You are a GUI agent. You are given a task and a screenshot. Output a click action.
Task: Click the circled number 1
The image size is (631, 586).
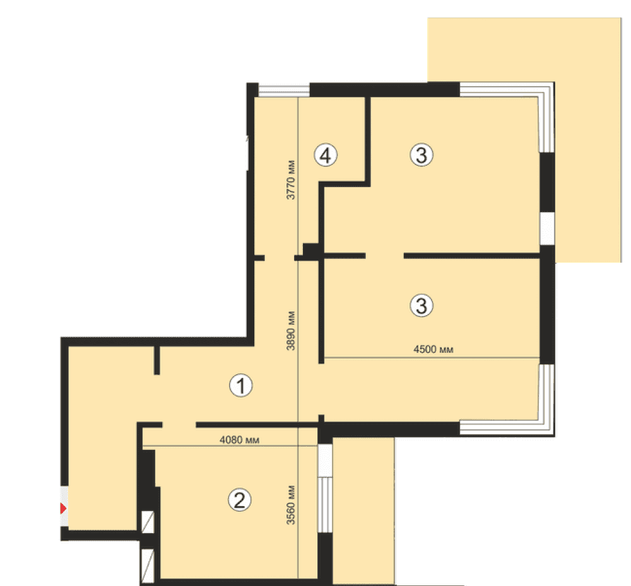click(x=241, y=385)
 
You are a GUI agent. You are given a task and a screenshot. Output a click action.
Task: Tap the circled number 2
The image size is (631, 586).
click(x=239, y=500)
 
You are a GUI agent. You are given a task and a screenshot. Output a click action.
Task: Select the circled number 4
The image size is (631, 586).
click(x=326, y=155)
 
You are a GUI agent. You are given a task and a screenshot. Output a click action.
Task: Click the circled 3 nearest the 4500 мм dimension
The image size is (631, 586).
click(x=422, y=306)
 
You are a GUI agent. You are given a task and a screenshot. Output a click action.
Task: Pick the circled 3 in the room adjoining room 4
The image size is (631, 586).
click(x=422, y=155)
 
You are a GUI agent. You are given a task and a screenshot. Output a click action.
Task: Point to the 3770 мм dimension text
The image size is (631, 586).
click(x=290, y=180)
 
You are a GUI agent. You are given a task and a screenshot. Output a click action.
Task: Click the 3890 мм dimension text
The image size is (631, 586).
click(x=290, y=330)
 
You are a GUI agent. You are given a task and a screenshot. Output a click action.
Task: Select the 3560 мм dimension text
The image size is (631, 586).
click(x=290, y=505)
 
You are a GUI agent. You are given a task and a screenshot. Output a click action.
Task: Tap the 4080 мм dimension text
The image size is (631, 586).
click(x=239, y=440)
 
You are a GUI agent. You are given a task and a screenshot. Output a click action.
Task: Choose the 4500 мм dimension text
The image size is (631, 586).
click(x=433, y=349)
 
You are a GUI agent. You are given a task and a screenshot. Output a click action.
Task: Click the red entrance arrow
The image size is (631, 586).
click(x=63, y=508)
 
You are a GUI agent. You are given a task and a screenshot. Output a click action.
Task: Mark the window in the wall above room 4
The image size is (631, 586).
click(x=284, y=91)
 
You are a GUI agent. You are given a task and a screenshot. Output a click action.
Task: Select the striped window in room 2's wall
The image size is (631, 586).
click(x=325, y=505)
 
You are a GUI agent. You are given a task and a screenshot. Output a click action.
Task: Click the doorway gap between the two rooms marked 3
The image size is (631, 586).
click(x=385, y=256)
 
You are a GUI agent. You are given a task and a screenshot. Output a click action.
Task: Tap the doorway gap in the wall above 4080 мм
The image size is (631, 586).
click(x=179, y=425)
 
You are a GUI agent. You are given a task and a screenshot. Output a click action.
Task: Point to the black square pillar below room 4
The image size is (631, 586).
click(x=310, y=251)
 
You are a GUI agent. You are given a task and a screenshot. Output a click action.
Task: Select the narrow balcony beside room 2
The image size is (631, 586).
click(x=363, y=510)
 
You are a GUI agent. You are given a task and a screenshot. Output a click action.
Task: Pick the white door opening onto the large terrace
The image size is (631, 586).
click(x=547, y=228)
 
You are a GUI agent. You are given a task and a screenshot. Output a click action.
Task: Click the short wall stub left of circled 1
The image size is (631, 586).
click(x=157, y=360)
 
